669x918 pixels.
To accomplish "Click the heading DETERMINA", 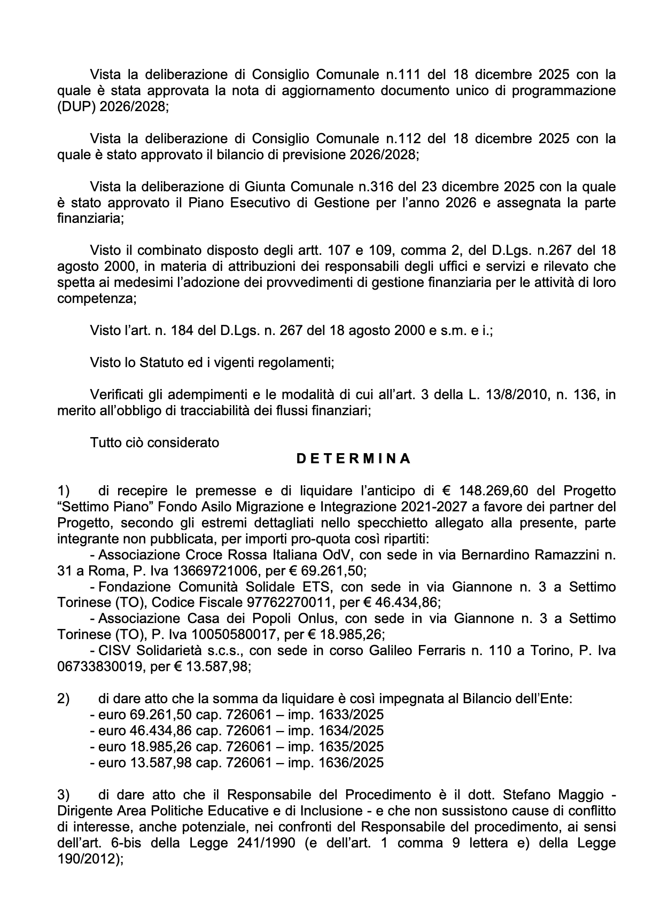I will pos(354,459).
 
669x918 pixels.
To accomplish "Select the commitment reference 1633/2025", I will pos(351,715).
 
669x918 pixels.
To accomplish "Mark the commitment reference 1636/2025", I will pos(351,763).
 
